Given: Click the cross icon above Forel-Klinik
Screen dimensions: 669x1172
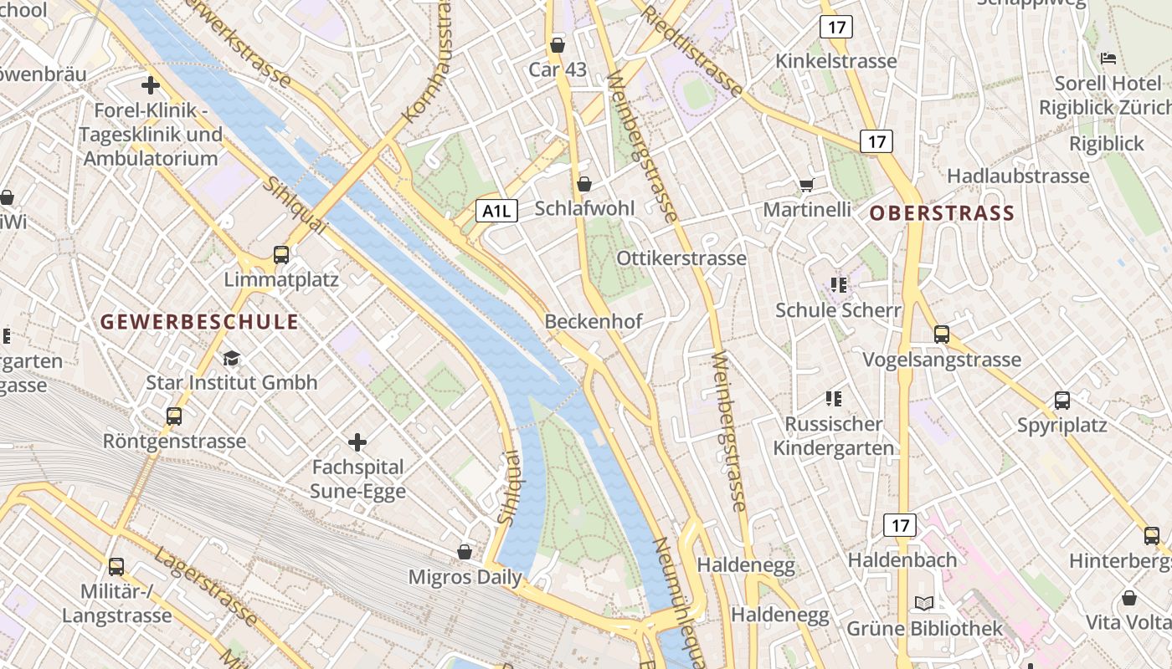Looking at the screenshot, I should tap(151, 85).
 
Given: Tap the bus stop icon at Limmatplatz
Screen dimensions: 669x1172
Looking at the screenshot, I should tap(281, 255).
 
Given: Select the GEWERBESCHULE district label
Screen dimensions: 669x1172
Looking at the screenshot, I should tap(199, 321).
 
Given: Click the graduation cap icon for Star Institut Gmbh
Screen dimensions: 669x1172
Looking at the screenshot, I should tap(231, 359).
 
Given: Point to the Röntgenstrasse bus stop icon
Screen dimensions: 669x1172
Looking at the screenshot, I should tap(174, 416).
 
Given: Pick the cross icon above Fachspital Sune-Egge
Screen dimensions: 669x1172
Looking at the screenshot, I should tap(357, 442).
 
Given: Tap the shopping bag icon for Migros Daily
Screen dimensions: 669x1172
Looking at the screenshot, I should tap(465, 552).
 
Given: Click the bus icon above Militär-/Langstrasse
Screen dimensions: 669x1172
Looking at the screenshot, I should tap(116, 566).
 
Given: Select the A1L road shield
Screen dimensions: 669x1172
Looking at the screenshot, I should tap(497, 211).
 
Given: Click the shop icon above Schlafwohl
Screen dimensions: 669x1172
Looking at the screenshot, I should tap(584, 183).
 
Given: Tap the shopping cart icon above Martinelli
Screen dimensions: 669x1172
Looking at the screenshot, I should tap(806, 185).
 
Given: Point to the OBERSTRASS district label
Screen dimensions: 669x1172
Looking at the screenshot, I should tap(942, 213).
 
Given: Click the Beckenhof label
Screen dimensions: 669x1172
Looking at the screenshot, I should tap(594, 321).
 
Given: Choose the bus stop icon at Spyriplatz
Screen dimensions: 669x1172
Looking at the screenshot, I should tap(1062, 401).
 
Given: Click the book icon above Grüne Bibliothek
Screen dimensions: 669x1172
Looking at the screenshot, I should tap(924, 603).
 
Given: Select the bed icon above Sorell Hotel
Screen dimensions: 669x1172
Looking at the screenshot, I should tap(1109, 59).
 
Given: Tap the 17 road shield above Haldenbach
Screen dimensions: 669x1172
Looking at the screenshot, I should tap(900, 525).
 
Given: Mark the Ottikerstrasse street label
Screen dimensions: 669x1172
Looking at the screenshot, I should tap(681, 258).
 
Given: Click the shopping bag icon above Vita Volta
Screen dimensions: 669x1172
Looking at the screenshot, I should tap(1129, 598).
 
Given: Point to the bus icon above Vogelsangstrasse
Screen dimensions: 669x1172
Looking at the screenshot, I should tap(942, 334).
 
